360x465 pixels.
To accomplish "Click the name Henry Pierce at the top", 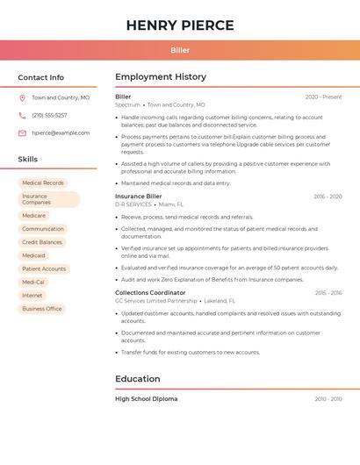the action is [180, 25].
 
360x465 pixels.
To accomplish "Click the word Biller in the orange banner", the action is [180, 50].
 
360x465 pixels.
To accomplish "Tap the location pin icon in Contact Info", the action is [22, 98].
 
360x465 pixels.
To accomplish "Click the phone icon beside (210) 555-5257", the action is [22, 116].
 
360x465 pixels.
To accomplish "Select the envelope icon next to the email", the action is [22, 133].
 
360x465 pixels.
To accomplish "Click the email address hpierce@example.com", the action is [61, 133].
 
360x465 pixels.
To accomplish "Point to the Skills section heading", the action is [28, 160].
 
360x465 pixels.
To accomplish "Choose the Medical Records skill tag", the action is [43, 182].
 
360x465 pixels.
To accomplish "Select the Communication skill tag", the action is [43, 229].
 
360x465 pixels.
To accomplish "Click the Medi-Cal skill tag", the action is [33, 283].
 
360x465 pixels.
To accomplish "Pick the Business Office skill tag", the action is [42, 309].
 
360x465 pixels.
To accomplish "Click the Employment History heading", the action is [161, 77].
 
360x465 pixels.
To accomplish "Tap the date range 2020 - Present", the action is [323, 97].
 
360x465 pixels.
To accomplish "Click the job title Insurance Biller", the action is [139, 197].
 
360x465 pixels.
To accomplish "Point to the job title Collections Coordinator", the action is [150, 293].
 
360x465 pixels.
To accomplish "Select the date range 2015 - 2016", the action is [328, 293].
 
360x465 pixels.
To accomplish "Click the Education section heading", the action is [138, 379].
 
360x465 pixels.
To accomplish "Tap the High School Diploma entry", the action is [147, 399].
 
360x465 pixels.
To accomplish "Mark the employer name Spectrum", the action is [127, 104].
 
